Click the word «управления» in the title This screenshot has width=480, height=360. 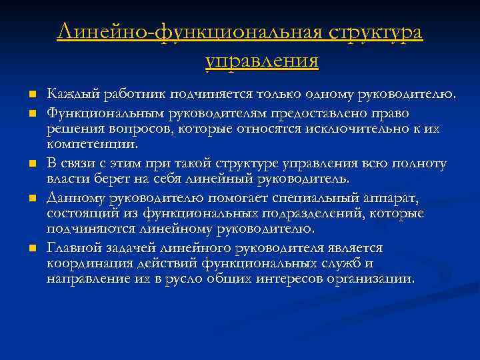262,61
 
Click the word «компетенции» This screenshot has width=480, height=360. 91,143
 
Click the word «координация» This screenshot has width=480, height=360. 91,263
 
